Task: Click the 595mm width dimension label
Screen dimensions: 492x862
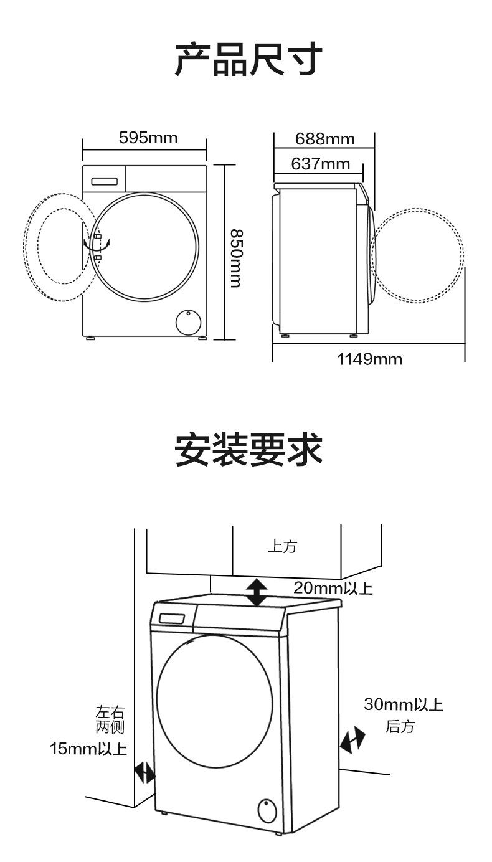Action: click(x=148, y=138)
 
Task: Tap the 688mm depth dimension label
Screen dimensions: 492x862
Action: click(x=324, y=138)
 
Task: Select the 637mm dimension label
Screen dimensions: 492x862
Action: click(x=320, y=164)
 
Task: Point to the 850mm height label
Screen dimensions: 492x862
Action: click(x=234, y=258)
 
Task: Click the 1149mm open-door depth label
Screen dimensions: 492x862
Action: click(x=369, y=359)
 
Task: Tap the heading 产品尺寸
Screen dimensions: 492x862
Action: click(x=248, y=60)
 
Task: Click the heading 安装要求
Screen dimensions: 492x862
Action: click(x=248, y=450)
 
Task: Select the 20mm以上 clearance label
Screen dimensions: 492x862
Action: click(x=333, y=588)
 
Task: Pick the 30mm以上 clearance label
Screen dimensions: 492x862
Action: click(x=403, y=705)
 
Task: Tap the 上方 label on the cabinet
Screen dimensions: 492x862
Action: click(x=282, y=547)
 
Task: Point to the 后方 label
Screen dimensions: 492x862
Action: click(x=399, y=726)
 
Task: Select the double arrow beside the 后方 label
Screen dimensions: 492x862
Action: click(x=352, y=740)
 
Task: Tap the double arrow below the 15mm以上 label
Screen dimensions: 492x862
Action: click(x=145, y=773)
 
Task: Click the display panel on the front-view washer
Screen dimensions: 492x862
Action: click(x=105, y=181)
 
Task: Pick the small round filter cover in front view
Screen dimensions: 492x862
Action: click(x=188, y=323)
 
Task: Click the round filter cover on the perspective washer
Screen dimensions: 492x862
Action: click(x=267, y=811)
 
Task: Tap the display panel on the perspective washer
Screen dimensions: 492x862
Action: click(x=172, y=619)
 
